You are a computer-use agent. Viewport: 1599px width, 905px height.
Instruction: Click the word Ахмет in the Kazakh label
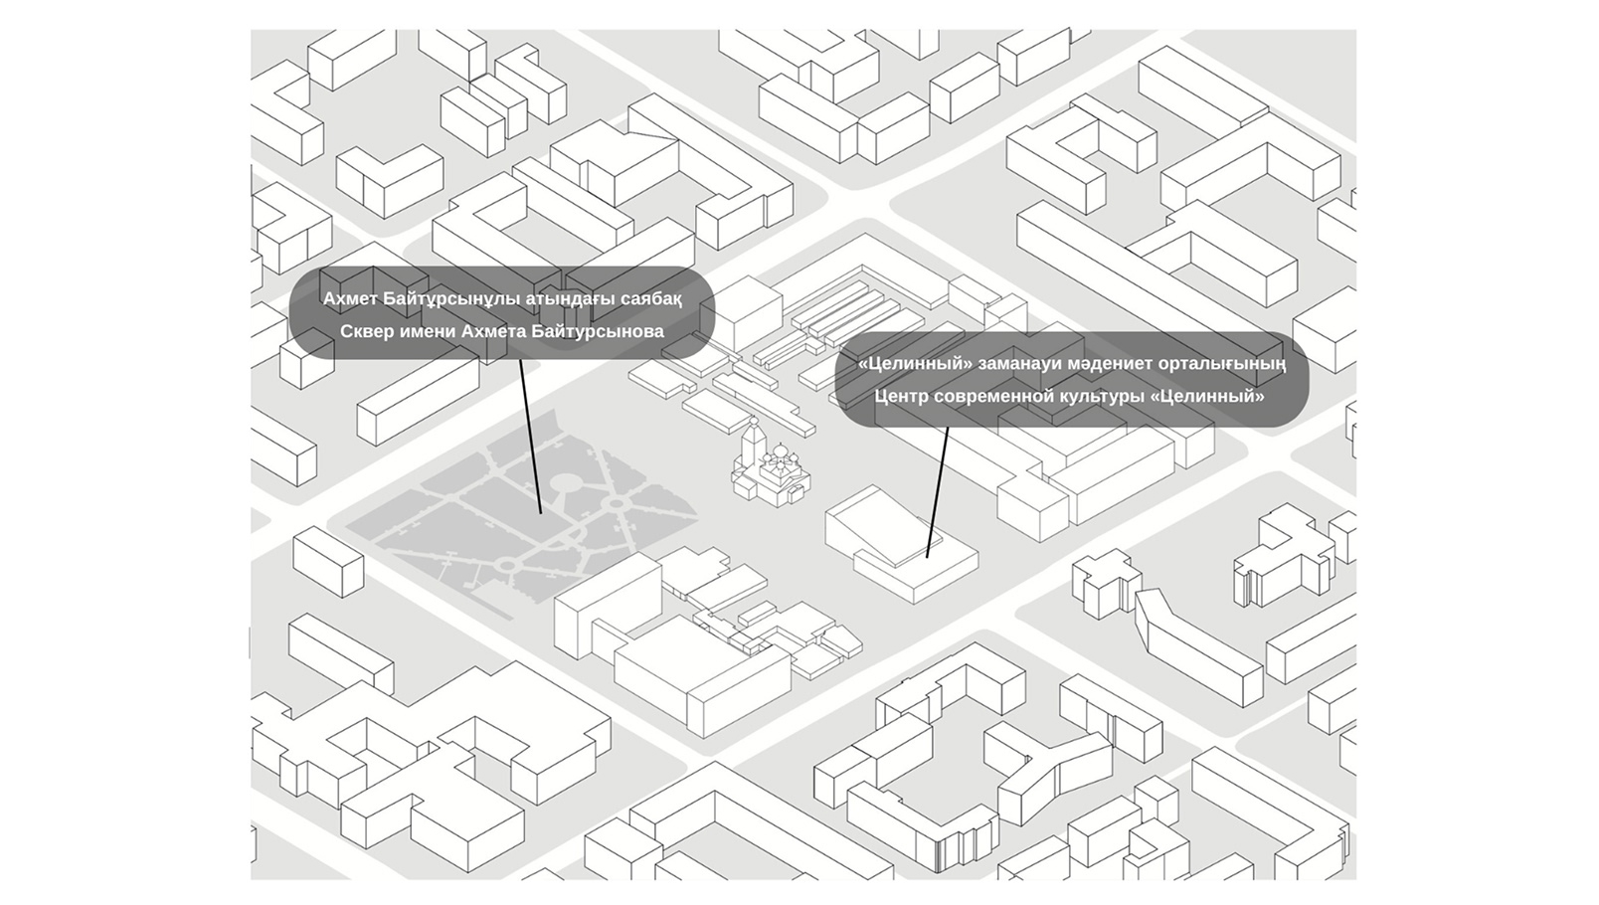click(350, 299)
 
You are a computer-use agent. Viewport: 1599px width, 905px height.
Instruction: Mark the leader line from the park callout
click(530, 436)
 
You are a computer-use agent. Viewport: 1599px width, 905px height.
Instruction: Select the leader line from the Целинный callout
click(938, 492)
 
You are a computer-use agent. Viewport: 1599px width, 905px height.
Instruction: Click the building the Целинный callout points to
click(901, 542)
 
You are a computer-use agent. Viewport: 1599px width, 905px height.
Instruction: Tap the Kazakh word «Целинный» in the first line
click(915, 364)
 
